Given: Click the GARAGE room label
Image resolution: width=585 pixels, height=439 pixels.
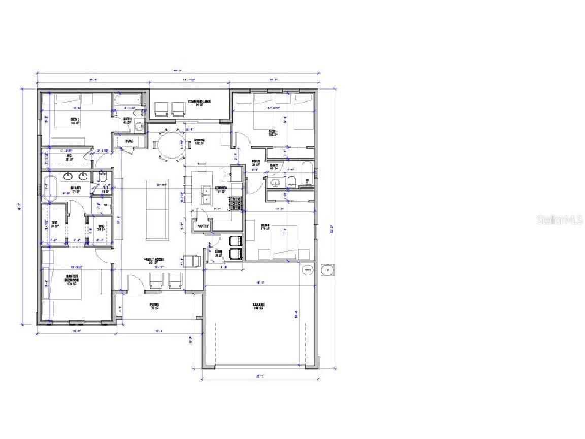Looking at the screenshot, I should point(259,305).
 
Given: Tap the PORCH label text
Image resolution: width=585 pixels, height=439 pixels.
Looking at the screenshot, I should point(154,306).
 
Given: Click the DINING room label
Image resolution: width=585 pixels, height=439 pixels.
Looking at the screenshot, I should point(199,142).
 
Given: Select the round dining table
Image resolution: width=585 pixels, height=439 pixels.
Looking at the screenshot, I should point(170,144).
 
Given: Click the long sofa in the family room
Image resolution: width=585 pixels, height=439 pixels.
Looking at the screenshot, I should point(156,209).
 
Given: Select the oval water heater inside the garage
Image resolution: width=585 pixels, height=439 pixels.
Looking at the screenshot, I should point(308,270).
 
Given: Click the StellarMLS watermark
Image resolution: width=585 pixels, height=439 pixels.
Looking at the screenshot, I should point(559,220).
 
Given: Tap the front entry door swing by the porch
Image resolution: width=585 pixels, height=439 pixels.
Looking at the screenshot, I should point(134,280).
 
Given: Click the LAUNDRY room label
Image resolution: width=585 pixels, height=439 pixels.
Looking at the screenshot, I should point(219,253).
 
